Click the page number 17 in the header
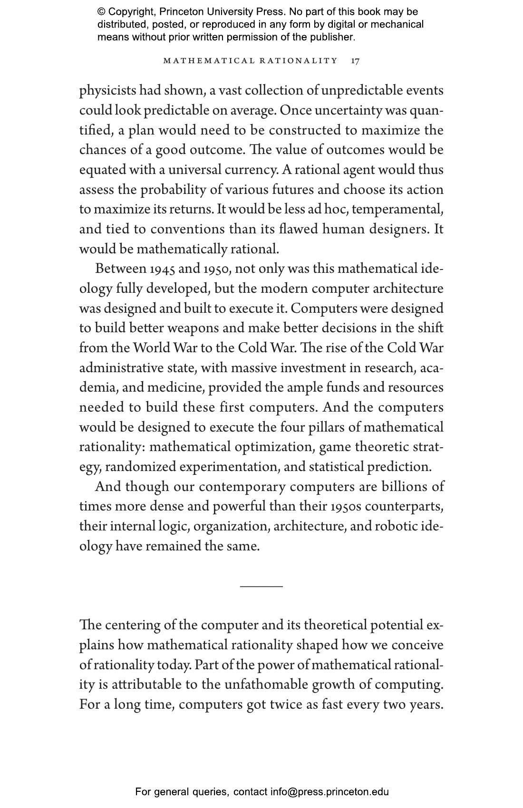[355, 61]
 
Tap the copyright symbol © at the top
[101, 12]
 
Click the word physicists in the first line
[107, 90]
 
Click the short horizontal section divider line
[261, 587]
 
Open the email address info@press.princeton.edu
[329, 792]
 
